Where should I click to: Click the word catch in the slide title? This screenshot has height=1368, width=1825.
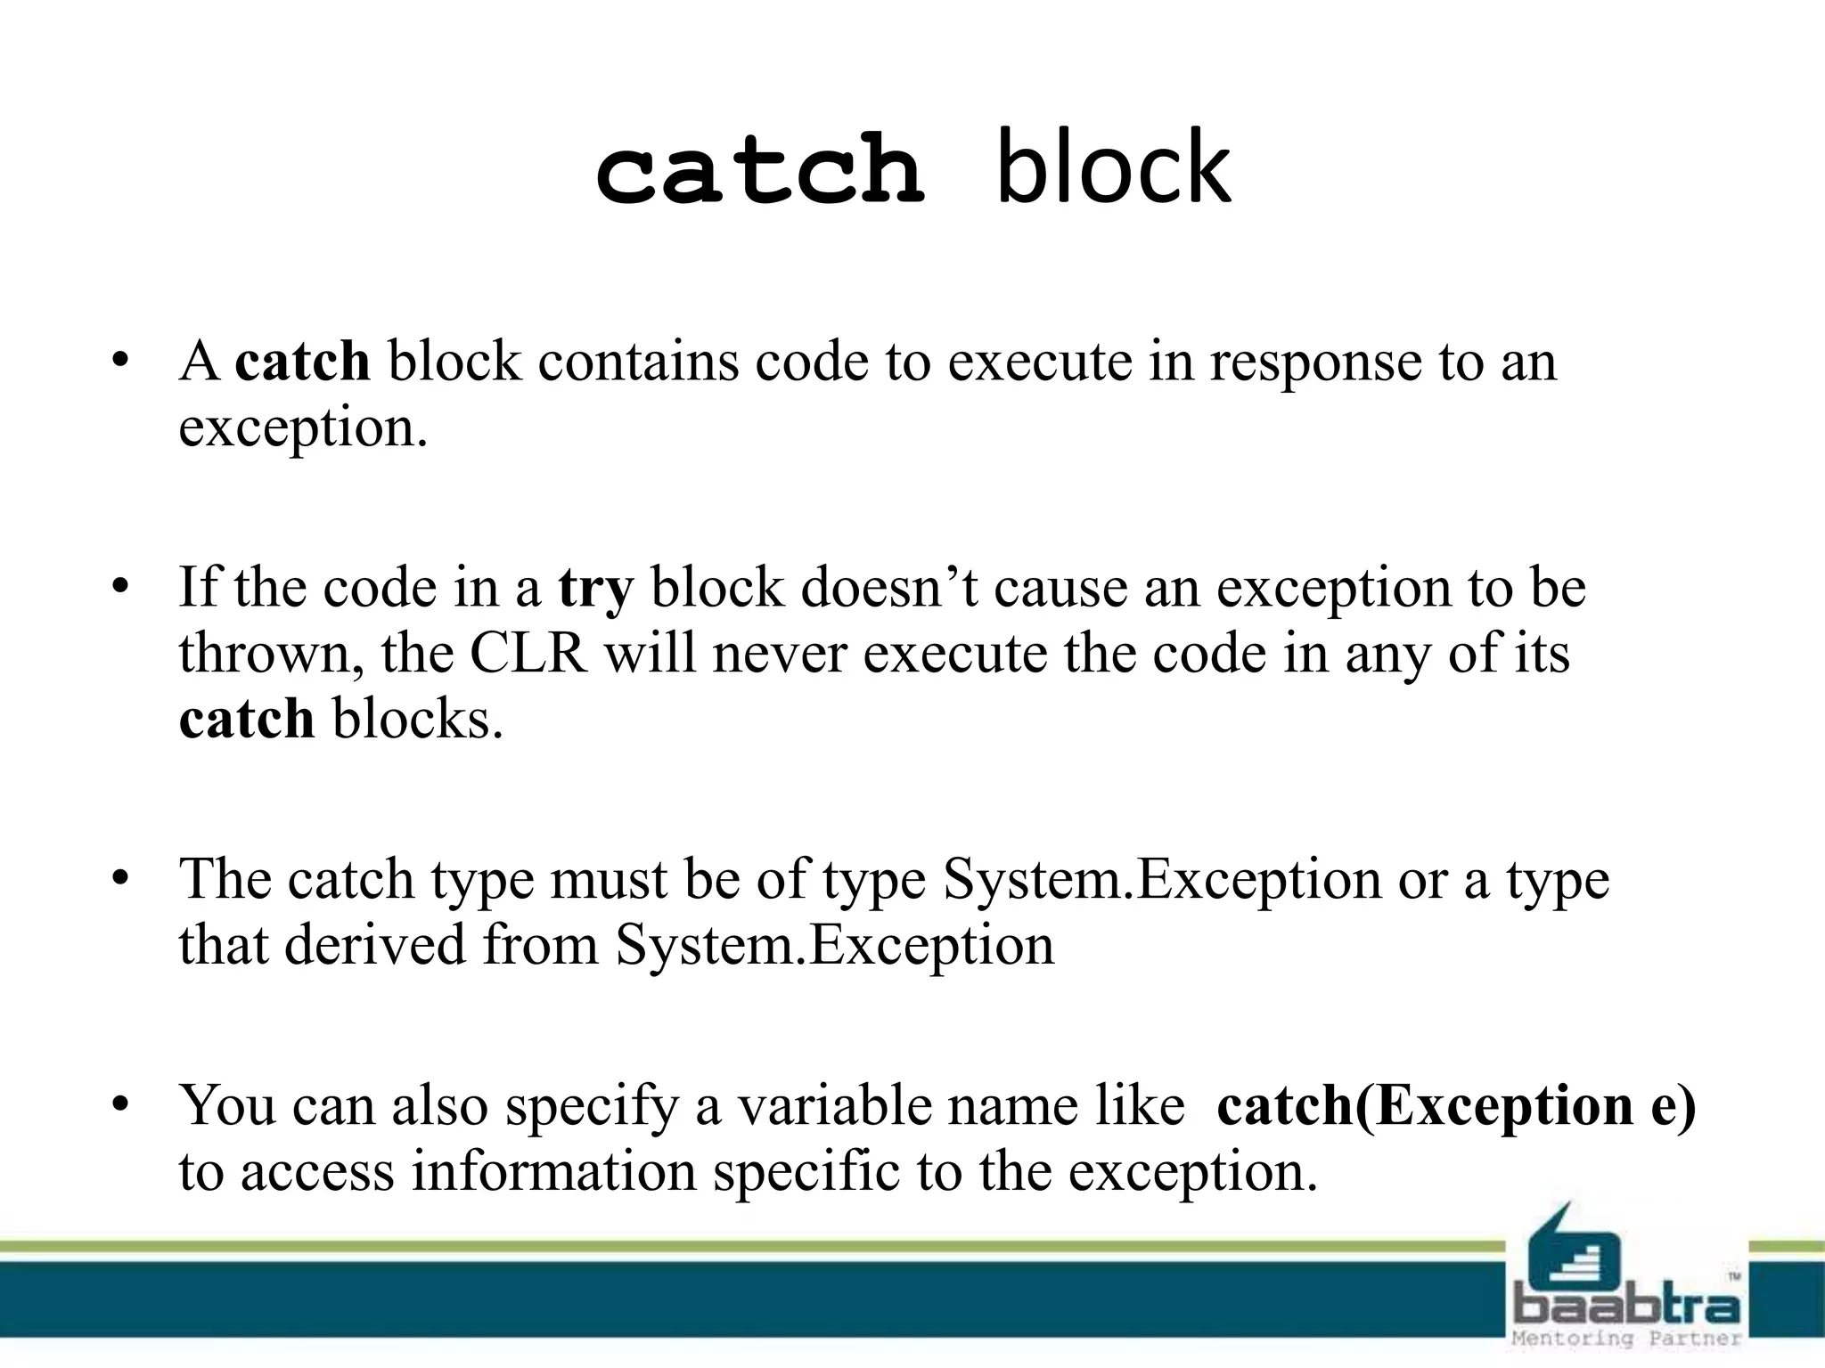click(x=759, y=169)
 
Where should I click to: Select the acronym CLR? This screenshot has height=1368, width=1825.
click(x=528, y=655)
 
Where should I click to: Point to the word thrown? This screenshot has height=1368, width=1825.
click(x=270, y=655)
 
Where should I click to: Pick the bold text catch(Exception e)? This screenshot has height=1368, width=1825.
click(x=1456, y=1106)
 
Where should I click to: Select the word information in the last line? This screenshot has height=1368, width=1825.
click(x=553, y=1172)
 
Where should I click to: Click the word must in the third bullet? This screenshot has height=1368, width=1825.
click(x=608, y=881)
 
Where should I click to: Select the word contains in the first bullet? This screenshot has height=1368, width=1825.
click(x=638, y=363)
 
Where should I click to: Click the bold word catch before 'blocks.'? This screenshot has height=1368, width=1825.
click(x=247, y=720)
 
